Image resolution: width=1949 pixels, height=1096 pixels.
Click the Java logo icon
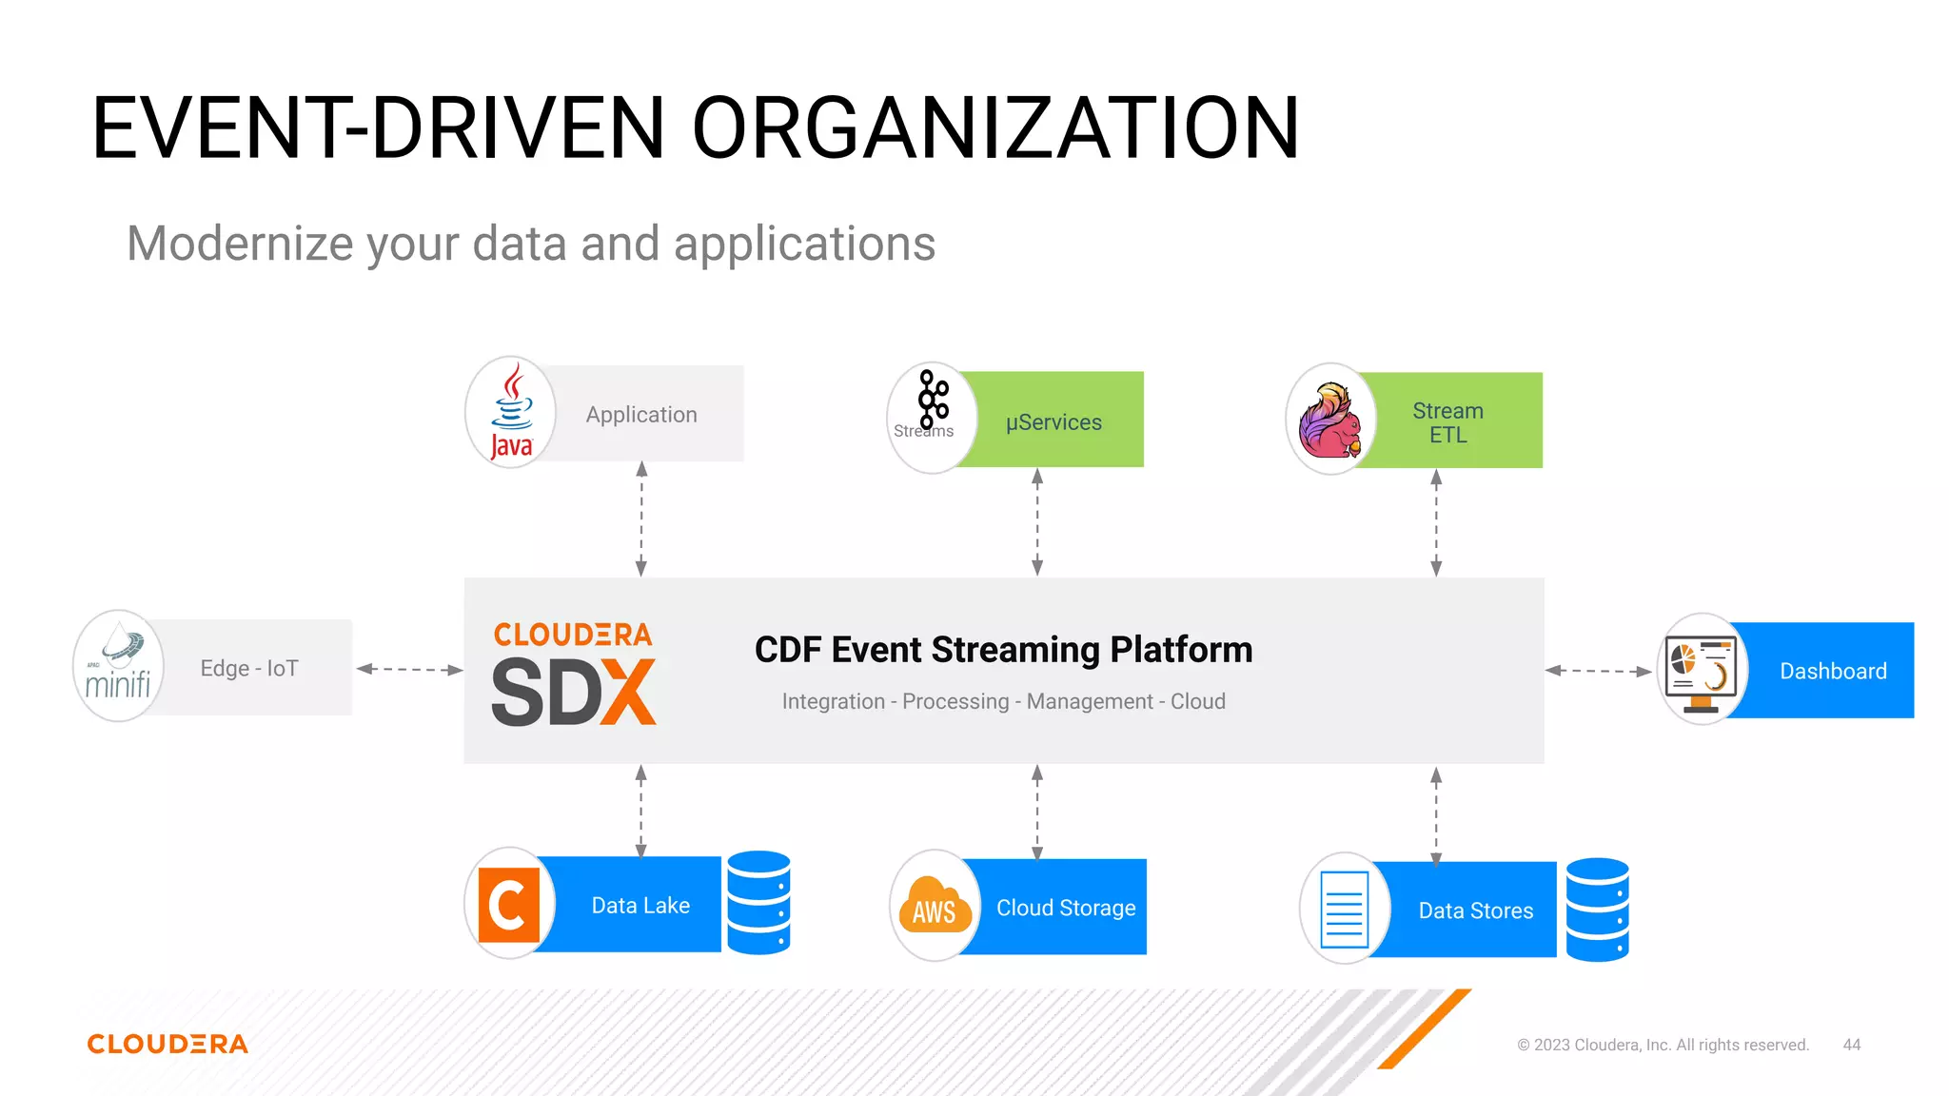click(x=511, y=413)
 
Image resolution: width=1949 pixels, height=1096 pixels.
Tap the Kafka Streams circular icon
click(x=931, y=418)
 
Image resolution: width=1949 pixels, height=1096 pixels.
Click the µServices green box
click(x=1054, y=421)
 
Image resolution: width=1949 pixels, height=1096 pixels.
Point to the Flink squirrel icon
click(x=1330, y=420)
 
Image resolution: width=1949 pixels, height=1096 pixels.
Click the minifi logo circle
click(x=119, y=666)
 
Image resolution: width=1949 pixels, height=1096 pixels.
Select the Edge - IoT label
click(x=249, y=668)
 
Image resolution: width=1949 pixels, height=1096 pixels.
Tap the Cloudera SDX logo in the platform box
click(x=574, y=674)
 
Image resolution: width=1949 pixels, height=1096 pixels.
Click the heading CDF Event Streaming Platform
click(x=1003, y=650)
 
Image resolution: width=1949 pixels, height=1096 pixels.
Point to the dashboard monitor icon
click(x=1702, y=670)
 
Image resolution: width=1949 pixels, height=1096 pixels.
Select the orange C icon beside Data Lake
click(x=509, y=904)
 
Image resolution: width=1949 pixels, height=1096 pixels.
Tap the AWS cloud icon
click(x=935, y=905)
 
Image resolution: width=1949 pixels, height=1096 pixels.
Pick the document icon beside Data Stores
click(x=1345, y=909)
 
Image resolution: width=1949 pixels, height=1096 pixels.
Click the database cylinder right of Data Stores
click(x=1597, y=910)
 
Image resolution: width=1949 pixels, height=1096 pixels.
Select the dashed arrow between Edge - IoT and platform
click(x=409, y=669)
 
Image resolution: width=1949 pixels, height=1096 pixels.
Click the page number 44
click(x=1851, y=1045)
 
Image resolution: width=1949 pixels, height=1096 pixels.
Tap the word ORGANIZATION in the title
click(x=995, y=128)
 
